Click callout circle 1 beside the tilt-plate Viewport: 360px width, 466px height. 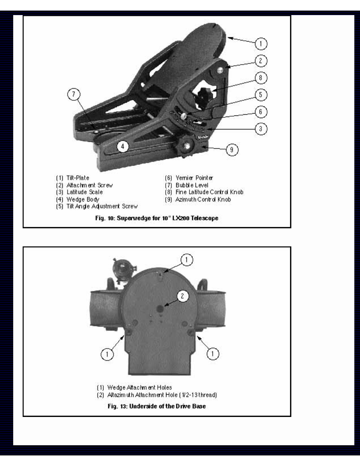pos(261,44)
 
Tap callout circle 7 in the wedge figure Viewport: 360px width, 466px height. pos(74,94)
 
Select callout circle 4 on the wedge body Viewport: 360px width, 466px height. pos(123,146)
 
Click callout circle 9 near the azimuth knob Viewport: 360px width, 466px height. pos(232,150)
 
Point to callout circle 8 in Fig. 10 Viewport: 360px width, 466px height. pos(261,78)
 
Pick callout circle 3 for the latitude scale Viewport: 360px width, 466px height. pos(261,129)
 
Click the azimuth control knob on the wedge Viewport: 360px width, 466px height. pos(186,145)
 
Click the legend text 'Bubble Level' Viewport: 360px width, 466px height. pos(192,185)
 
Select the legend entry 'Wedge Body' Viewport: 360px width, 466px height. pos(83,199)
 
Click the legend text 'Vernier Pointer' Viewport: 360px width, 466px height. pos(194,178)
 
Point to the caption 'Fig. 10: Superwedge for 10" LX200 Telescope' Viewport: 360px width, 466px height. pos(157,218)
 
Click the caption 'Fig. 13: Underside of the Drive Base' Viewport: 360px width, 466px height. pos(157,406)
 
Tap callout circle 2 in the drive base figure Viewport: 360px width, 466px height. pos(183,296)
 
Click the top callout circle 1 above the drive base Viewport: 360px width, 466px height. pos(187,260)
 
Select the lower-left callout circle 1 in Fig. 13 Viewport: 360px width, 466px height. pos(107,354)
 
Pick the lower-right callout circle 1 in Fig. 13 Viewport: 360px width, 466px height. pos(212,354)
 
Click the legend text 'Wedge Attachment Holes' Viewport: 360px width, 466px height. pos(139,388)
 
